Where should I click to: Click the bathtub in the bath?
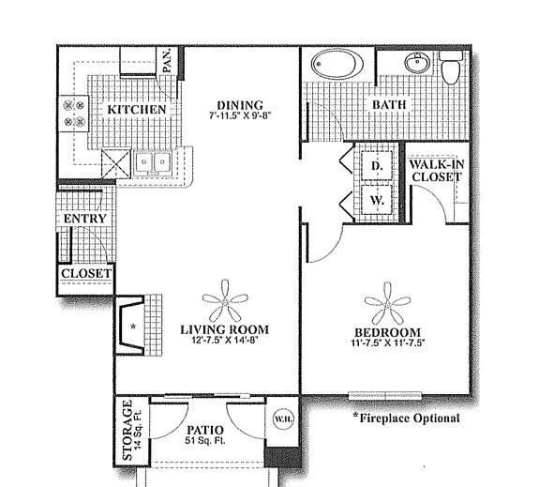(x=334, y=64)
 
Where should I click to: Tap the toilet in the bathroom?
(x=451, y=67)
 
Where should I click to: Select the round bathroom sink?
(x=417, y=63)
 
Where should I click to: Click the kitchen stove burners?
(x=74, y=114)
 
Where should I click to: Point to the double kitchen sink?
(x=153, y=162)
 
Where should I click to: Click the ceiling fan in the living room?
(x=225, y=301)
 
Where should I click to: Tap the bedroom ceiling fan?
(x=387, y=303)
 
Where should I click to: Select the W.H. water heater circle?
(x=283, y=419)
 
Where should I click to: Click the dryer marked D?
(x=377, y=165)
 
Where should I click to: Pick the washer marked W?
(x=377, y=200)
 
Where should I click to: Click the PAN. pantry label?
(x=167, y=60)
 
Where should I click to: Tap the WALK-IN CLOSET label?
(x=437, y=171)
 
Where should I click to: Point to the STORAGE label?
(x=127, y=430)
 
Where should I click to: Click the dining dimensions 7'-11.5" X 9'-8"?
(x=242, y=115)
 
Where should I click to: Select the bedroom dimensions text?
(x=387, y=342)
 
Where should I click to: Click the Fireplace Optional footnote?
(x=406, y=419)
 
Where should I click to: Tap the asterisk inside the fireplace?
(x=133, y=327)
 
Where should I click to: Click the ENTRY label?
(x=84, y=219)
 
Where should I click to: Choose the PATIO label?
(x=205, y=430)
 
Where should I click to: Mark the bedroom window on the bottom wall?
(x=385, y=395)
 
